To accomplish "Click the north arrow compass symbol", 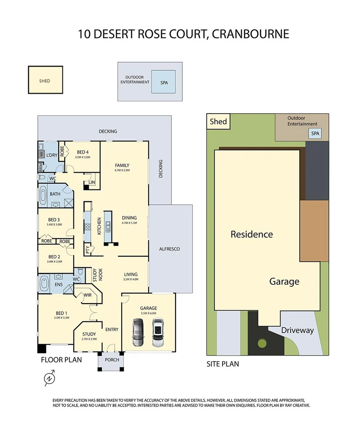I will [49, 378].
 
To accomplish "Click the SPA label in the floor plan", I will [164, 82].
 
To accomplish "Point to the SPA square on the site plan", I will [315, 133].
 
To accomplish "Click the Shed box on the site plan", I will [218, 121].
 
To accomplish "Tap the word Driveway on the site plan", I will [297, 330].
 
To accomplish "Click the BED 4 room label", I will [83, 152].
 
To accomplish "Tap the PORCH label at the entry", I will [112, 360].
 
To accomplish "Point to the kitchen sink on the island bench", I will [109, 224].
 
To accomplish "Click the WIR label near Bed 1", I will [87, 295].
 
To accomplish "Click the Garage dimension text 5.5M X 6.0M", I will [148, 313].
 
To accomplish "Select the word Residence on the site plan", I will [252, 234].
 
